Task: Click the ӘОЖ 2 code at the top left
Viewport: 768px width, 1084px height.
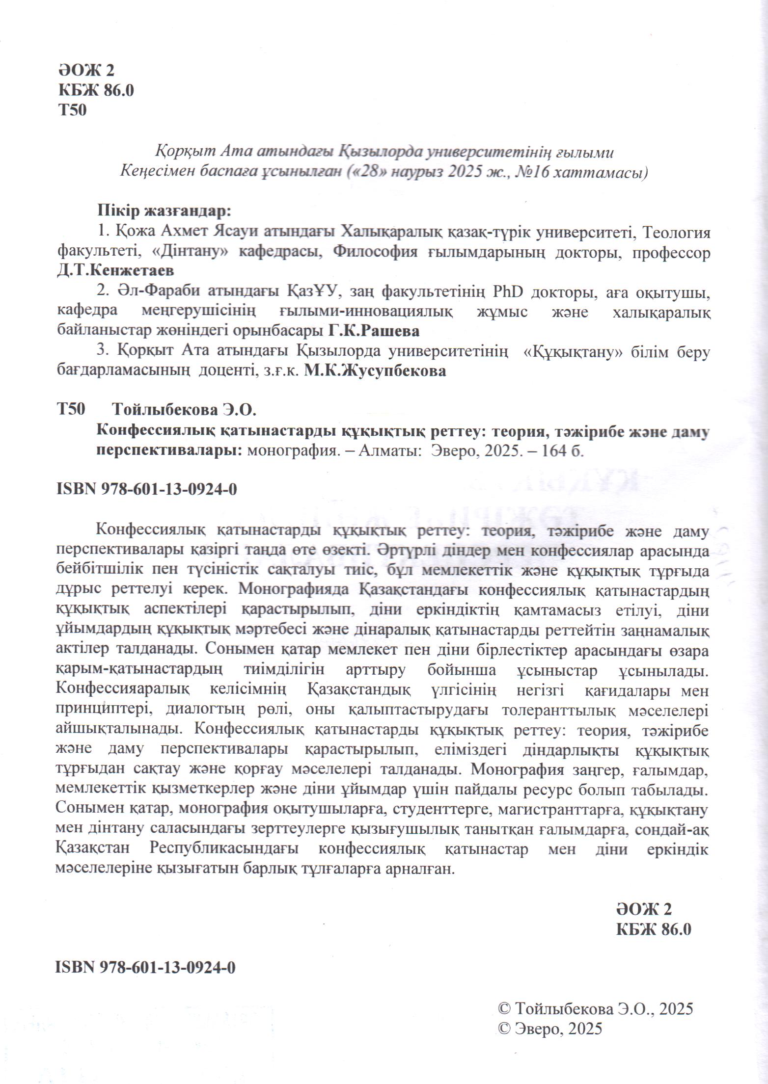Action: coord(86,71)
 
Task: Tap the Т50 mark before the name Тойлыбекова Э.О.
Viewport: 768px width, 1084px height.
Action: coord(72,409)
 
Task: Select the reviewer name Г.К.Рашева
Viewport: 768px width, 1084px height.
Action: coord(373,331)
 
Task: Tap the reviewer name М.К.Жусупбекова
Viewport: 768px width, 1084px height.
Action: coord(375,371)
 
